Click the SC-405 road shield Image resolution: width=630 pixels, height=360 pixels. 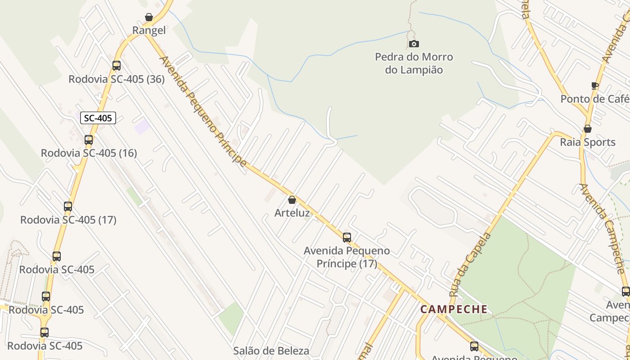click(98, 118)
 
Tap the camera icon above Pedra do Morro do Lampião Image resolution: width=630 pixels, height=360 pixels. click(414, 44)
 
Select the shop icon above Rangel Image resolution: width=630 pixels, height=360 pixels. click(149, 17)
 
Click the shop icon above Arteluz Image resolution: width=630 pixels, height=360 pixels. click(292, 199)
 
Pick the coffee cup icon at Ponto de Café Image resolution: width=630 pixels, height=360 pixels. click(594, 85)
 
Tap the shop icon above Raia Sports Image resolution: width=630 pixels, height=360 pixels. click(587, 129)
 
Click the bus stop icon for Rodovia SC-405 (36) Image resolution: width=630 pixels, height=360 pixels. click(117, 66)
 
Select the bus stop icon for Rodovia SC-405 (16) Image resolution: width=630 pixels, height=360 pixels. click(89, 139)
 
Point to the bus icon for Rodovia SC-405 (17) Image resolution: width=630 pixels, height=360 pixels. click(68, 207)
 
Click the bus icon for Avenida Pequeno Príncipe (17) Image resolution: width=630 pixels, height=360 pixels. click(346, 237)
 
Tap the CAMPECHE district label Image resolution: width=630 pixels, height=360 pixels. click(454, 309)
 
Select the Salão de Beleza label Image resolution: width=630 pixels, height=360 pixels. click(271, 351)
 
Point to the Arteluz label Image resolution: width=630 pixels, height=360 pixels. click(292, 212)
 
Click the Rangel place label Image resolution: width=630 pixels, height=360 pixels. click(149, 30)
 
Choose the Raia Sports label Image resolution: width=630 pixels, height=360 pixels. click(587, 142)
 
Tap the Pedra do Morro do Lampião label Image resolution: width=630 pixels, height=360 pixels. click(414, 63)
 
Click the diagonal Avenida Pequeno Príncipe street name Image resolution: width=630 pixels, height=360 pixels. click(203, 111)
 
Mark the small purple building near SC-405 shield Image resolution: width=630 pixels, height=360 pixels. click(142, 126)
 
